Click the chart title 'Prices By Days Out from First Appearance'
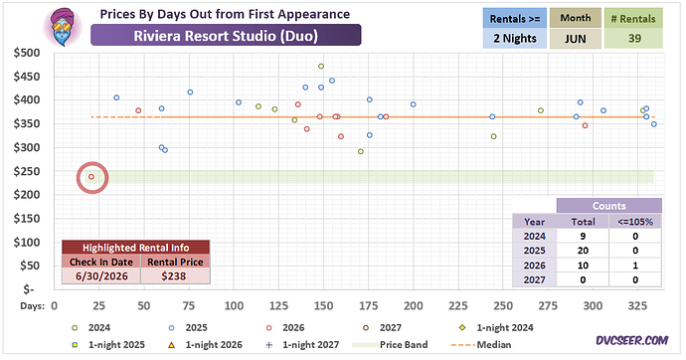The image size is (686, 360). coord(225,14)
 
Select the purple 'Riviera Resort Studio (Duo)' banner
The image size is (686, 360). coord(226,35)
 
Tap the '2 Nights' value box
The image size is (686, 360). coord(515,39)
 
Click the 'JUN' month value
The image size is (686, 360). coord(575,39)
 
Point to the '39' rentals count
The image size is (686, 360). coord(634,39)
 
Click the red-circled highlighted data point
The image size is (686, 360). coord(91,177)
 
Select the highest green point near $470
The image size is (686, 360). coord(321,67)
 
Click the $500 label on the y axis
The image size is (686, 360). coord(27,53)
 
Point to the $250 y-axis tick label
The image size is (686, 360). coord(27,171)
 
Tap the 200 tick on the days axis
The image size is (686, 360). coord(413,305)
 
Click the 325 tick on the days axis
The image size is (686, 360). coord(637,305)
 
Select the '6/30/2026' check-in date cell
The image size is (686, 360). coord(101,276)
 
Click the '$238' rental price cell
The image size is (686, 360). coord(174,276)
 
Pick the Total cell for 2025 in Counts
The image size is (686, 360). coord(583,251)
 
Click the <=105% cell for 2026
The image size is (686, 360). coord(635,266)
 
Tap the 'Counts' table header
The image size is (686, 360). coord(609,206)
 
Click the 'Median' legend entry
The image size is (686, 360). coord(481,345)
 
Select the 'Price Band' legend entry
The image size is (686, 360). coord(391,345)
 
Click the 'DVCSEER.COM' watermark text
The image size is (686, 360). coord(631,340)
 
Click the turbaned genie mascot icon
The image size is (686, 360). coord(63,27)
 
